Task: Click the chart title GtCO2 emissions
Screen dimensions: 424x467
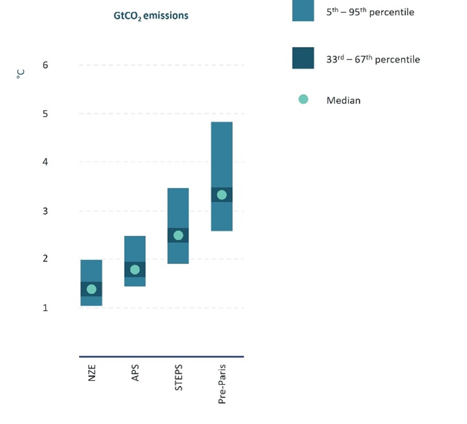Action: pos(151,16)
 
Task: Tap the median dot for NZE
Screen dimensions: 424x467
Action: pos(91,289)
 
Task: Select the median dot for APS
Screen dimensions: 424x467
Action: pos(135,270)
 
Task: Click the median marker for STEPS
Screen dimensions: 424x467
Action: pos(178,235)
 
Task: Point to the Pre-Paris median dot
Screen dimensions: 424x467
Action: pos(221,195)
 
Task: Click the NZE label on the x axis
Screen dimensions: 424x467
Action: pos(92,373)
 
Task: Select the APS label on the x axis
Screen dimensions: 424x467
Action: pos(135,373)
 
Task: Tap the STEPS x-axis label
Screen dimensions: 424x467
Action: pos(178,377)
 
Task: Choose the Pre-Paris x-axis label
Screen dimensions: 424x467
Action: pos(222,384)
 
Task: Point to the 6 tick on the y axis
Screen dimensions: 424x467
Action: pos(45,65)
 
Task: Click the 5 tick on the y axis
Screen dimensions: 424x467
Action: pos(45,114)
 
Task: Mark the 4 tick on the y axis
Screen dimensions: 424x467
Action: pos(45,162)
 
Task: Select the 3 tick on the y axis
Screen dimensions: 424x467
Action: pos(45,211)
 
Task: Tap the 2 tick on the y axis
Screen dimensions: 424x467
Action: pos(45,258)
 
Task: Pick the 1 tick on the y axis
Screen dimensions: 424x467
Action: pos(45,308)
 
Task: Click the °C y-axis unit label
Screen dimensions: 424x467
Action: pos(21,74)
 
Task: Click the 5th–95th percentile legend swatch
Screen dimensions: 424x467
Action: pos(303,10)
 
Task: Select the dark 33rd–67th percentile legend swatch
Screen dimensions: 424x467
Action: pos(303,58)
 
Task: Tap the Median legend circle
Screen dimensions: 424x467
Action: pos(303,99)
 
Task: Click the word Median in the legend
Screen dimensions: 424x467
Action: pos(343,100)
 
